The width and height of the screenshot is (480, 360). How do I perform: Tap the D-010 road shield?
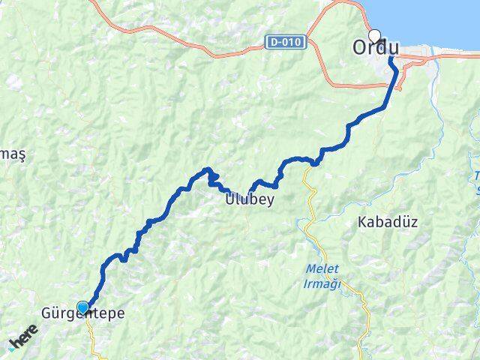[286, 43]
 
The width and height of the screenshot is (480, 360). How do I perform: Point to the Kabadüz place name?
[387, 222]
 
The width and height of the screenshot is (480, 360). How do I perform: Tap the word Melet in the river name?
[323, 268]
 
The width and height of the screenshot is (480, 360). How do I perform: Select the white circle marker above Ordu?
[374, 34]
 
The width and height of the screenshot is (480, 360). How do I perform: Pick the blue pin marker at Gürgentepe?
[83, 307]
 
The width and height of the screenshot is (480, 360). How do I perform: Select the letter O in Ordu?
[361, 47]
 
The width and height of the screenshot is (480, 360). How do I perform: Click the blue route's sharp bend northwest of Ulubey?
[208, 170]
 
